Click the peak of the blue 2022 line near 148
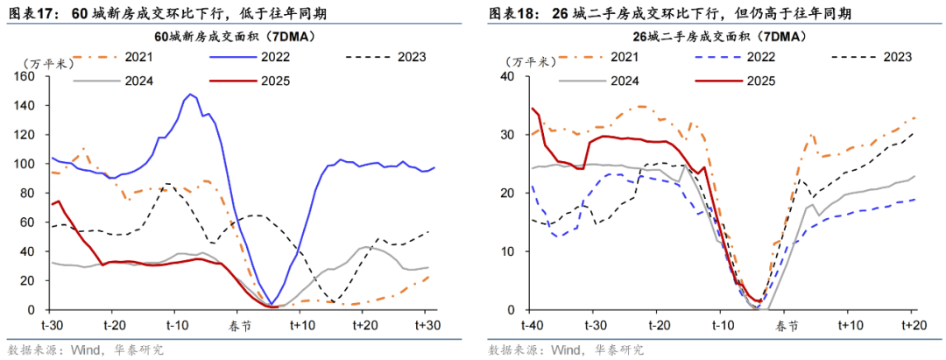[x=189, y=94]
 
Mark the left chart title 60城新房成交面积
[x=234, y=37]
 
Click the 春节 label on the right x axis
[x=786, y=325]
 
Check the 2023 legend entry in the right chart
[x=893, y=57]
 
